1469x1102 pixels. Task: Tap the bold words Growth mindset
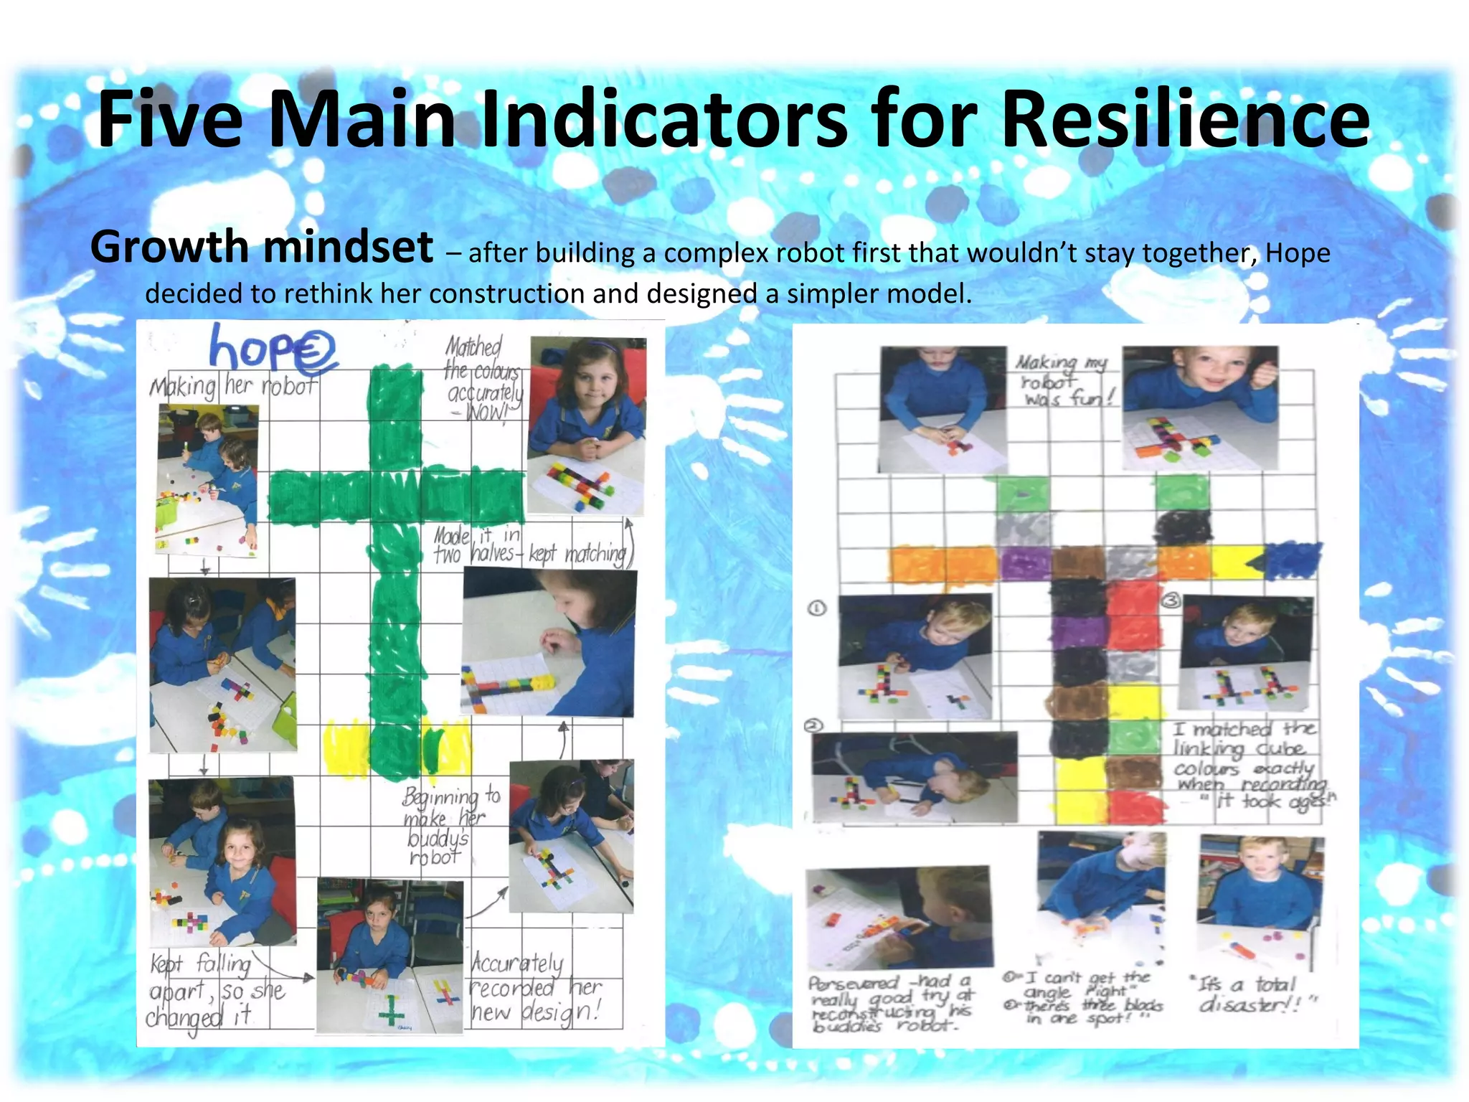[x=262, y=248]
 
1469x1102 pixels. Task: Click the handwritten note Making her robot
[x=233, y=387]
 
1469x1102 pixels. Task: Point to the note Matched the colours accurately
[x=481, y=380]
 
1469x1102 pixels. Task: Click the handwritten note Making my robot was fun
[x=1065, y=380]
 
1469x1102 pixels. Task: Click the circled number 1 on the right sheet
[x=817, y=608]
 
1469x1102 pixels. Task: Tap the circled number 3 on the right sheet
[x=1171, y=600]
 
